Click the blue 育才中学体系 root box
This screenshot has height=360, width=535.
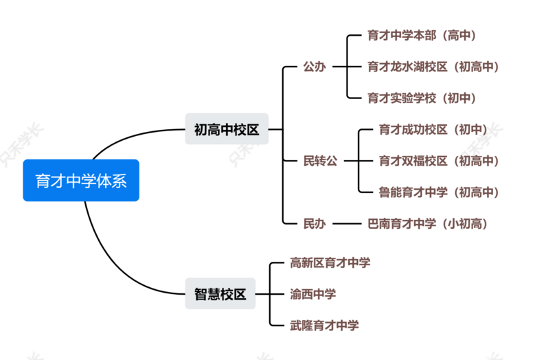(81, 180)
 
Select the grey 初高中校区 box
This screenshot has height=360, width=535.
(227, 129)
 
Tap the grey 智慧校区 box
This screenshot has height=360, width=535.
(220, 293)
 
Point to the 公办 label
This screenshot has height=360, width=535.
(315, 67)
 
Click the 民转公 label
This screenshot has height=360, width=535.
(320, 161)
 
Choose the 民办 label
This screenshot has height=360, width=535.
(315, 224)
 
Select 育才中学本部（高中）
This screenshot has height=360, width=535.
(422, 35)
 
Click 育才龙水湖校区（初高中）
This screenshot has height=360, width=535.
(433, 67)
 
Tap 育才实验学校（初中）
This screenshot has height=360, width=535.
(422, 98)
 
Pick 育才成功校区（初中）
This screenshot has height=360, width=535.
(433, 129)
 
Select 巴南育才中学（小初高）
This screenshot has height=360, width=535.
(428, 224)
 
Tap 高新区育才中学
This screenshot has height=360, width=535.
(330, 262)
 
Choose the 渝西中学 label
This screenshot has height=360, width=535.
(313, 294)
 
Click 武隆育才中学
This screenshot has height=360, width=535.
(324, 325)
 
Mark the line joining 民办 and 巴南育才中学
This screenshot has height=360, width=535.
(347, 224)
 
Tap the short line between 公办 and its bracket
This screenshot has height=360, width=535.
(340, 67)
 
